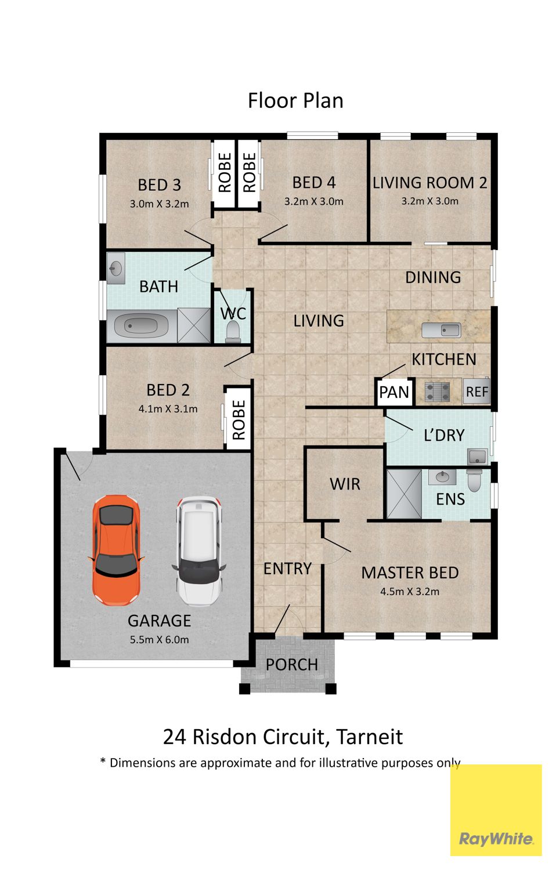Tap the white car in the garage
198,550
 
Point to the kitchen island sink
441,330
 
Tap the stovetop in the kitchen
437,392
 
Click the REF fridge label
476,392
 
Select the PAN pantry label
393,392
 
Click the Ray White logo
496,839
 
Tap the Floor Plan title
295,100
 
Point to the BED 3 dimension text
159,204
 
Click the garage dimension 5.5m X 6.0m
159,640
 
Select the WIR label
345,484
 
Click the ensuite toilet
474,480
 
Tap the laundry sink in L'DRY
478,456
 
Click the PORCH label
292,665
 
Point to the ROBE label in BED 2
239,420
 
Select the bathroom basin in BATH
115,268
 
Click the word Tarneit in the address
370,737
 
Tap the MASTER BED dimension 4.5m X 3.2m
410,592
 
